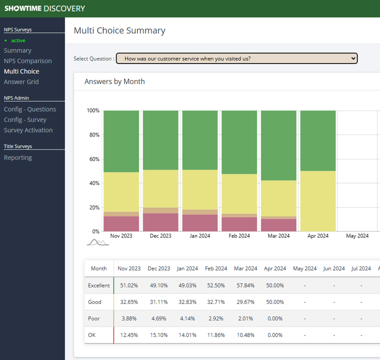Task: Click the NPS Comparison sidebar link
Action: [x=28, y=61]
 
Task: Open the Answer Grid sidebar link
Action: [x=22, y=82]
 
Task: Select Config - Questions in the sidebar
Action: [x=30, y=109]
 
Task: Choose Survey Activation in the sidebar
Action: [x=29, y=130]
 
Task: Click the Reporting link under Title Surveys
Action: [x=18, y=157]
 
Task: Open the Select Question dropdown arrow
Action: [x=353, y=58]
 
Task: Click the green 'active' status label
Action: [x=18, y=40]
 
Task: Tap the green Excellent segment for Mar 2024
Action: [x=279, y=145]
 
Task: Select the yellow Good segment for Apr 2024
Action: [x=318, y=201]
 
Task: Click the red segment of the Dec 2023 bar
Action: [x=161, y=222]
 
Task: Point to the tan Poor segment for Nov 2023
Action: [x=122, y=214]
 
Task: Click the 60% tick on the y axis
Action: [x=94, y=159]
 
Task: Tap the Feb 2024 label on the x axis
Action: [x=239, y=236]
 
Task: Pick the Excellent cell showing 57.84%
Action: [x=245, y=285]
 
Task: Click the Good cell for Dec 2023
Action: [x=159, y=302]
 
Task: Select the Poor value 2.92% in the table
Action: [x=216, y=318]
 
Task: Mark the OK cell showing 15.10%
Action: [x=159, y=335]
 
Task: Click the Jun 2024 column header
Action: [x=334, y=268]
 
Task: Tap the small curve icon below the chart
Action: [x=98, y=242]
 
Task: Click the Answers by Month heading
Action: [x=115, y=81]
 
